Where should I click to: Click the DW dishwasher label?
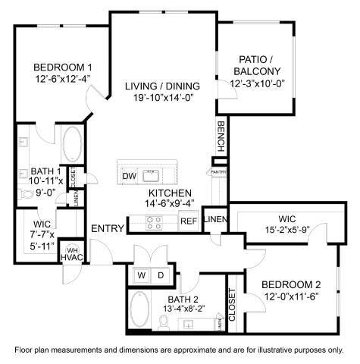pyautogui.click(x=129, y=176)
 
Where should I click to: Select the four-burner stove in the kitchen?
pyautogui.click(x=153, y=222)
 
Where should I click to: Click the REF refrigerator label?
pyautogui.click(x=187, y=221)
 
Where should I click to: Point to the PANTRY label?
pyautogui.click(x=218, y=172)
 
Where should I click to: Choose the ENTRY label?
pyautogui.click(x=107, y=229)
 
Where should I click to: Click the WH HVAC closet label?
pyautogui.click(x=73, y=256)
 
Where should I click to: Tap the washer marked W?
pyautogui.click(x=142, y=274)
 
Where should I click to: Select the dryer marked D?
pyautogui.click(x=161, y=274)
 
